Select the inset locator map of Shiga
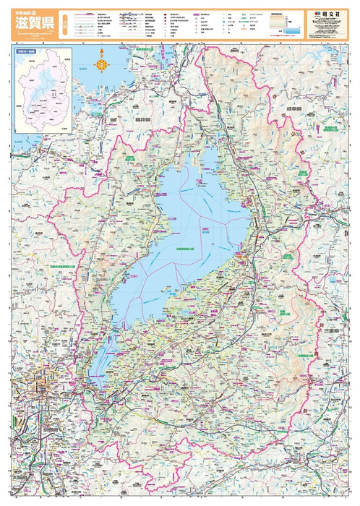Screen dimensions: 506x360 coord(42,90)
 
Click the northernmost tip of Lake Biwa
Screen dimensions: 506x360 coord(210,148)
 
